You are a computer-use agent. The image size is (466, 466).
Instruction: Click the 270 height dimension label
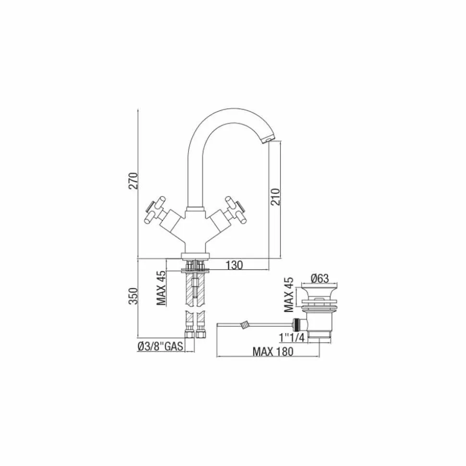pos(134,181)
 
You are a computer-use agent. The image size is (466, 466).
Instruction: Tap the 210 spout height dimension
pos(276,196)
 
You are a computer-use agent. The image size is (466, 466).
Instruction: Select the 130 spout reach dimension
pos(234,265)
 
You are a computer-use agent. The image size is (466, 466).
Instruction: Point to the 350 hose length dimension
pos(134,296)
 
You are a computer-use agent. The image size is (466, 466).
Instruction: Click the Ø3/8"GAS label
pos(160,346)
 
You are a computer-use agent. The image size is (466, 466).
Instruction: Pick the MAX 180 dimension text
pos(273,352)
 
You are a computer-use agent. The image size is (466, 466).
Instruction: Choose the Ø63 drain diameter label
pos(319,278)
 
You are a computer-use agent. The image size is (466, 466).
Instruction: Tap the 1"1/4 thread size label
pos(292,337)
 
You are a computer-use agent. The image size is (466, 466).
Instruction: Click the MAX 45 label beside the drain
pos(289,295)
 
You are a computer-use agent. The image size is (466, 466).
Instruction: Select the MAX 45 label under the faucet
pos(161,288)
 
